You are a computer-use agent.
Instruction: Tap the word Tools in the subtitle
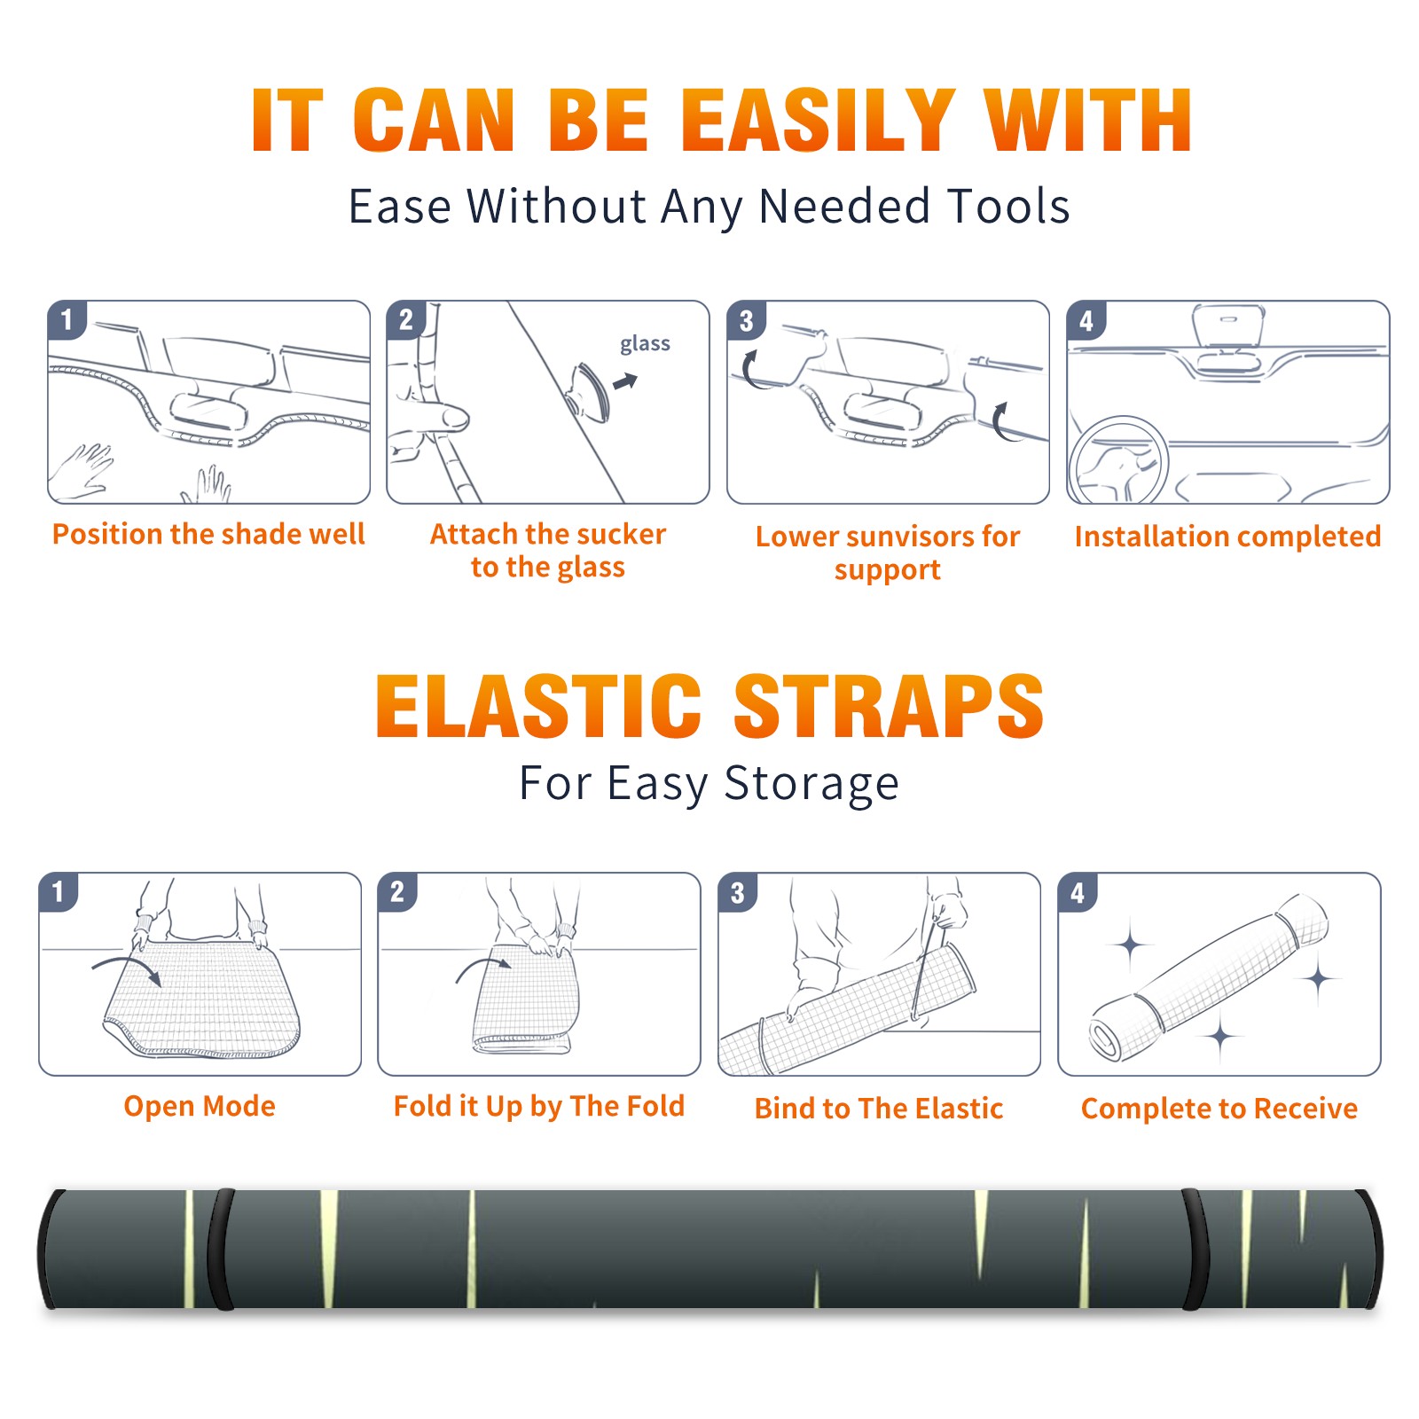pyautogui.click(x=1008, y=207)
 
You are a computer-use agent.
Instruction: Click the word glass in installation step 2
pyautogui.click(x=645, y=344)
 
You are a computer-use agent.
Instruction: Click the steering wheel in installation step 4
pyautogui.click(x=1118, y=461)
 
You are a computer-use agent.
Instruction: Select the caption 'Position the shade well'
pyautogui.click(x=208, y=534)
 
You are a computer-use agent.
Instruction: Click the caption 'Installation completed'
pyautogui.click(x=1227, y=536)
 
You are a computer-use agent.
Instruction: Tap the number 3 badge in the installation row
pyautogui.click(x=746, y=320)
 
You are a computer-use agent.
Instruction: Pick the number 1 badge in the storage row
pyautogui.click(x=59, y=891)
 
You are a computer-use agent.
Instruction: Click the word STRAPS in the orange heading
pyautogui.click(x=889, y=706)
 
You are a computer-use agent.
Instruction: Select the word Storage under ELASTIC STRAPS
pyautogui.click(x=811, y=784)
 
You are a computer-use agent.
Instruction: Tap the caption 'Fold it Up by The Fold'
pyautogui.click(x=539, y=1106)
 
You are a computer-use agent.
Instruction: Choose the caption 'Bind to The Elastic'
pyautogui.click(x=879, y=1109)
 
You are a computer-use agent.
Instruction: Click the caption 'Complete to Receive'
pyautogui.click(x=1219, y=1109)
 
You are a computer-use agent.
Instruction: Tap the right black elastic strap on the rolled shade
pyautogui.click(x=1196, y=1250)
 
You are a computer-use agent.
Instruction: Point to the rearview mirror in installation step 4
pyautogui.click(x=1228, y=325)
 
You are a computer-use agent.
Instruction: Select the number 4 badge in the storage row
pyautogui.click(x=1078, y=892)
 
